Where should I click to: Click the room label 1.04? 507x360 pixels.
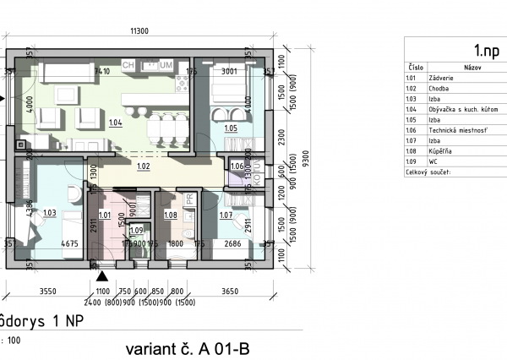tap(116, 123)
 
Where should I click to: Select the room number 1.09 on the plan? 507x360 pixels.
tap(135, 230)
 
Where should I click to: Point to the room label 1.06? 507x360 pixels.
tap(237, 166)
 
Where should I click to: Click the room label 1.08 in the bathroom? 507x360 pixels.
tap(169, 215)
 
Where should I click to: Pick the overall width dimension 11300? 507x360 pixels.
tap(139, 31)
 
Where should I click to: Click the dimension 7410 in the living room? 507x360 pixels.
tap(102, 73)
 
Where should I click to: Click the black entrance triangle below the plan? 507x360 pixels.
tap(102, 275)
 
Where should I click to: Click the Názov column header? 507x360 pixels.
tap(472, 66)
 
